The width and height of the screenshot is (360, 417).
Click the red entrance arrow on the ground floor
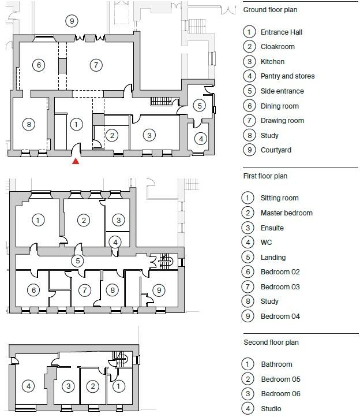click(x=76, y=161)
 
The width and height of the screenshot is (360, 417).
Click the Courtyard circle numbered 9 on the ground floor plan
click(x=71, y=21)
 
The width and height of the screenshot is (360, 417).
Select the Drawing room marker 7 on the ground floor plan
click(x=96, y=65)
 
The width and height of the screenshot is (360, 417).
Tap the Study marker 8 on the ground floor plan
click(x=28, y=124)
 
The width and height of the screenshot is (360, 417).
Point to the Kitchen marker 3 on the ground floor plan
click(x=149, y=135)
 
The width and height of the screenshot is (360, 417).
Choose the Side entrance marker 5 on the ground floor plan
click(x=199, y=106)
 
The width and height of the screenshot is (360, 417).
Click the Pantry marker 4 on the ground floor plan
click(x=200, y=139)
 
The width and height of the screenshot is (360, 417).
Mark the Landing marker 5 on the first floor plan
click(x=78, y=261)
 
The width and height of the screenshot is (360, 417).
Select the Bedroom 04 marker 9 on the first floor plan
click(x=159, y=290)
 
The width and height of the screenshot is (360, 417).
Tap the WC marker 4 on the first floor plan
click(x=116, y=242)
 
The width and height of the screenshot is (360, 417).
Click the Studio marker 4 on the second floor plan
click(x=28, y=386)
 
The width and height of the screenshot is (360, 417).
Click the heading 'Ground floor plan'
click(x=270, y=10)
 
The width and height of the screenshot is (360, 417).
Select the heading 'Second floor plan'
click(x=271, y=342)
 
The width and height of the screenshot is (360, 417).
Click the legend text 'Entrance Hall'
click(x=281, y=32)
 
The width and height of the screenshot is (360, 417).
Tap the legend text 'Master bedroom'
click(x=286, y=213)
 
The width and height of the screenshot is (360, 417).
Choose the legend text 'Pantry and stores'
click(x=287, y=76)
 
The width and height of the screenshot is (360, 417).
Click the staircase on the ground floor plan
click(x=162, y=102)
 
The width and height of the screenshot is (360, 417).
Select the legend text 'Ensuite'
click(x=272, y=228)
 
